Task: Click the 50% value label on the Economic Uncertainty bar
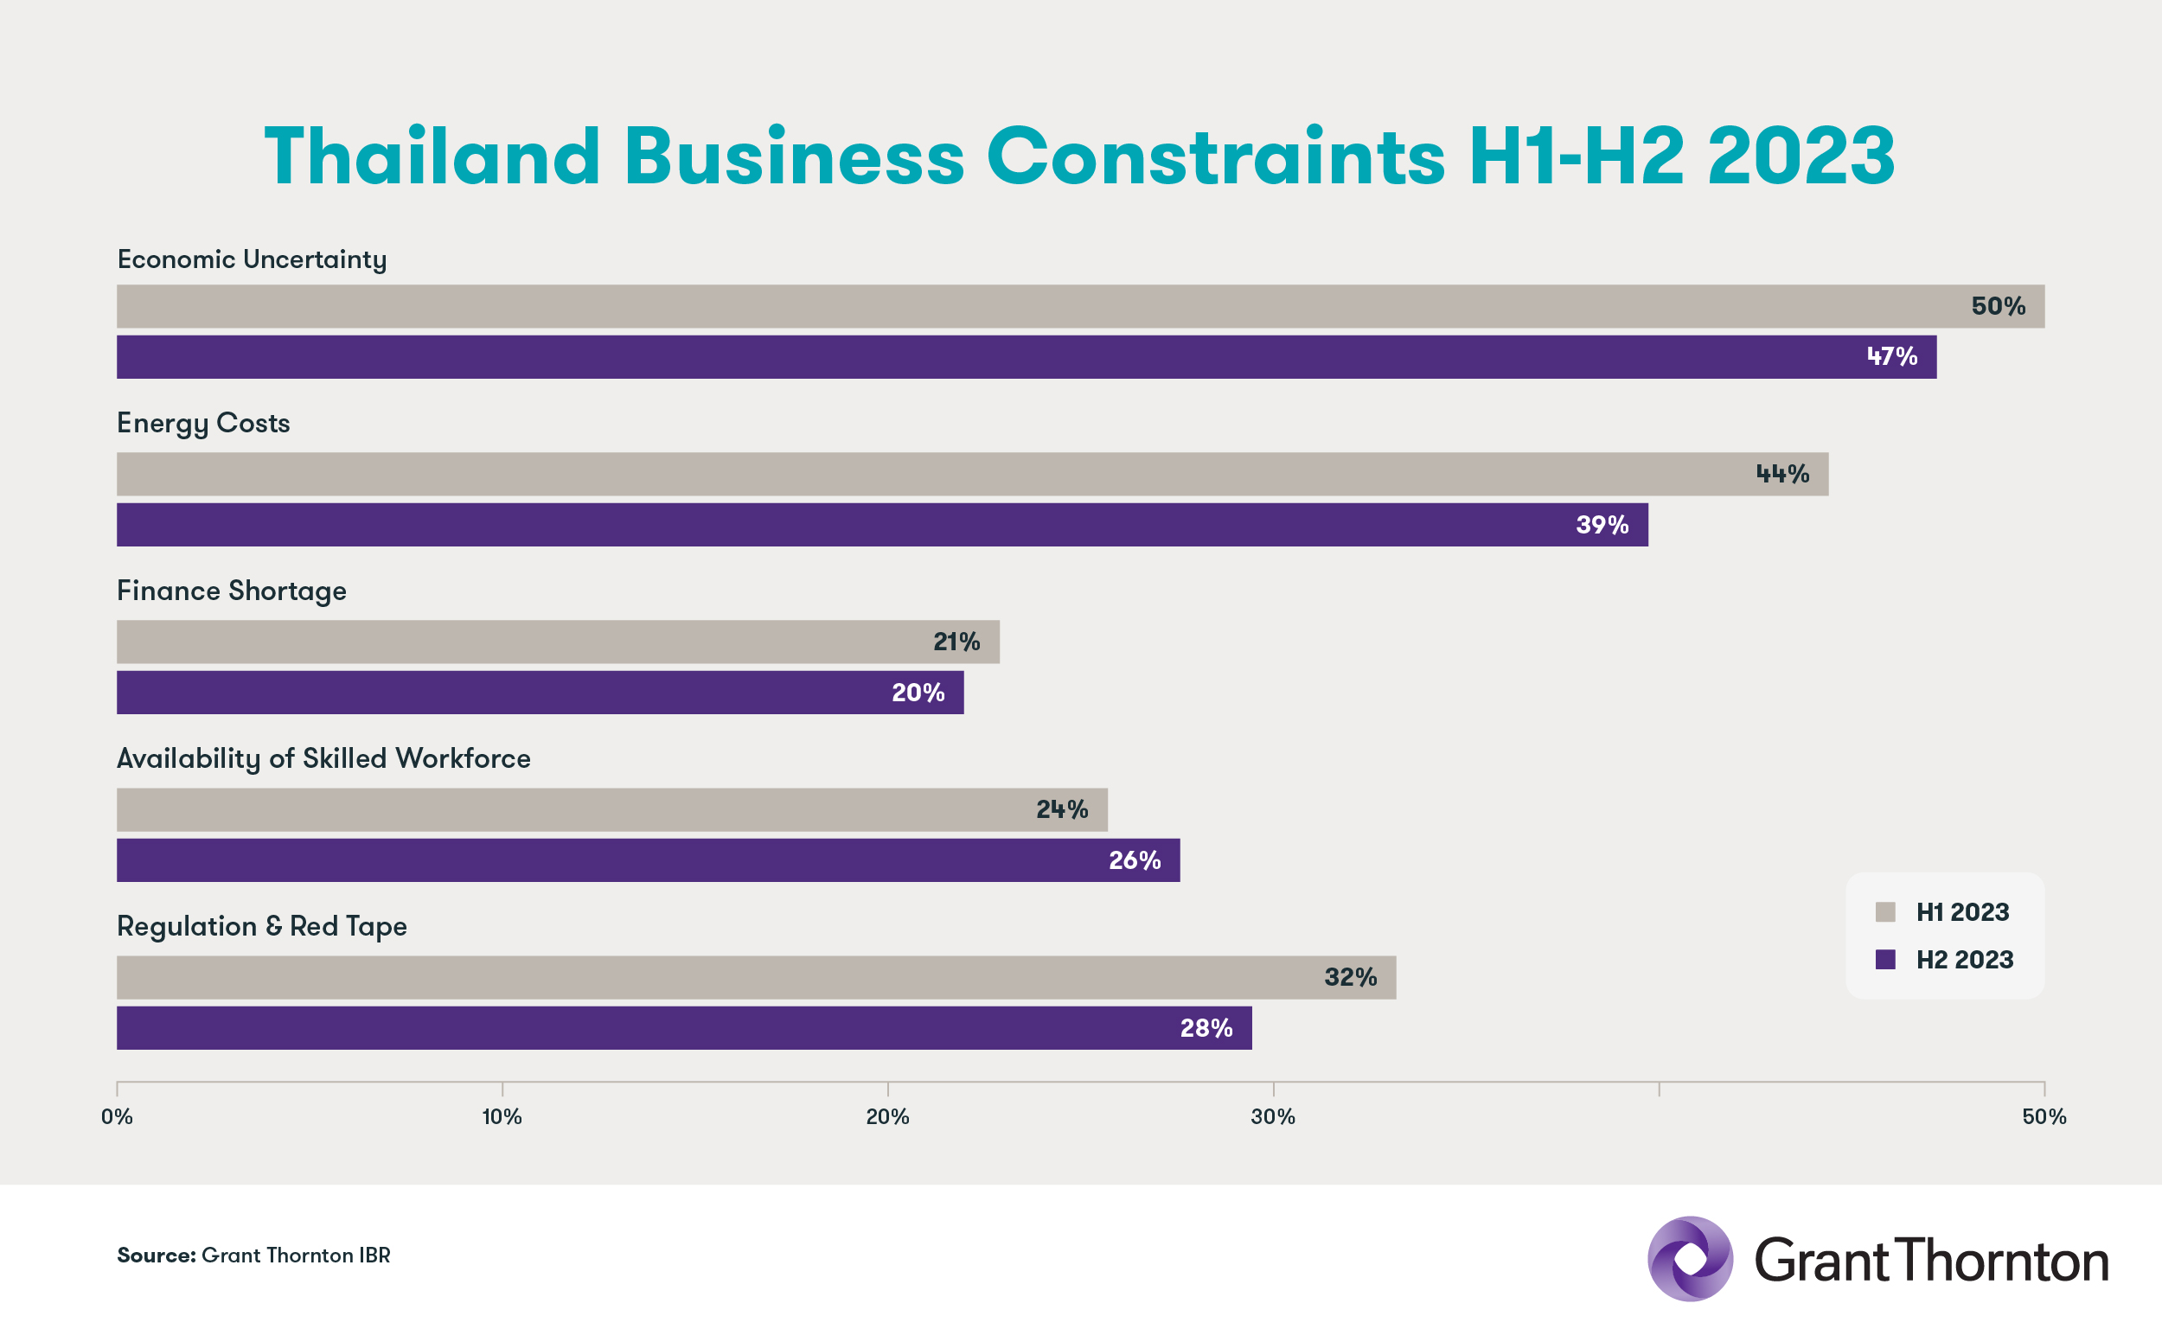point(1998,306)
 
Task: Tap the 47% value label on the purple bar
point(1891,356)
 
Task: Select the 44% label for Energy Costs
point(1782,474)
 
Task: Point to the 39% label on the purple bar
point(1602,525)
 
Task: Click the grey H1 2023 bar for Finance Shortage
point(528,642)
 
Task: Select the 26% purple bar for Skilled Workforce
point(615,859)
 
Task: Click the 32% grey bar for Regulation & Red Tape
point(703,976)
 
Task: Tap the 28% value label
point(1206,1027)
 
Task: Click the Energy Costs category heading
point(203,424)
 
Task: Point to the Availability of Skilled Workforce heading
point(323,758)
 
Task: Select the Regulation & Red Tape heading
point(262,926)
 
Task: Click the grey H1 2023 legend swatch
point(1885,911)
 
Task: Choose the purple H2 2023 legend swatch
point(1885,959)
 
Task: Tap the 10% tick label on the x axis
point(502,1116)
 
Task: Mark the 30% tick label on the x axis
point(1273,1116)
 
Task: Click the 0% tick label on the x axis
point(117,1116)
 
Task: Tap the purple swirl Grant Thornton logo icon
point(1689,1259)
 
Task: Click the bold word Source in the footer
point(156,1256)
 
